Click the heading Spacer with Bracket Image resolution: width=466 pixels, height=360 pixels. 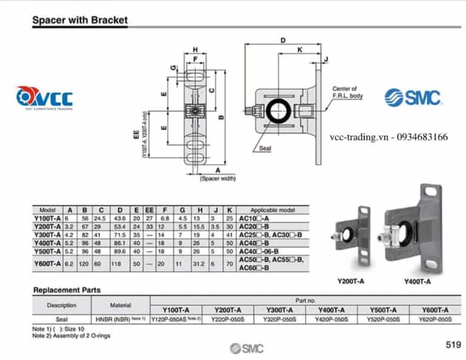(79, 20)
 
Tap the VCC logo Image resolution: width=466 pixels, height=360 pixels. (44, 98)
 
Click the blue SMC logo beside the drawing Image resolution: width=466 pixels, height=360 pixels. (413, 97)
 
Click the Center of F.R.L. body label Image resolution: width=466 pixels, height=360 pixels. (348, 92)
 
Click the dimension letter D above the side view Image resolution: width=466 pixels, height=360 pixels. (283, 41)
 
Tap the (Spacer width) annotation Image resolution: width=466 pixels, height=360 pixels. (217, 178)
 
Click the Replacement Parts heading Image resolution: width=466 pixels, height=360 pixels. (67, 290)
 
